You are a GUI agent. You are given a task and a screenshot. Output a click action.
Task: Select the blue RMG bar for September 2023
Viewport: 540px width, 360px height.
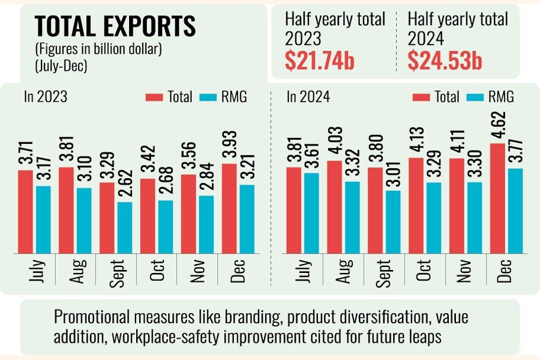pos(125,227)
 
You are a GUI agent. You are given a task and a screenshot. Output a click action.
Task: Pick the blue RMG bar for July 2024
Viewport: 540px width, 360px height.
pos(311,212)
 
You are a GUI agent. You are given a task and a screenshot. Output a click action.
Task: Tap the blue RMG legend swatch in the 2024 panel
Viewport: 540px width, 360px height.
pos(475,97)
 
